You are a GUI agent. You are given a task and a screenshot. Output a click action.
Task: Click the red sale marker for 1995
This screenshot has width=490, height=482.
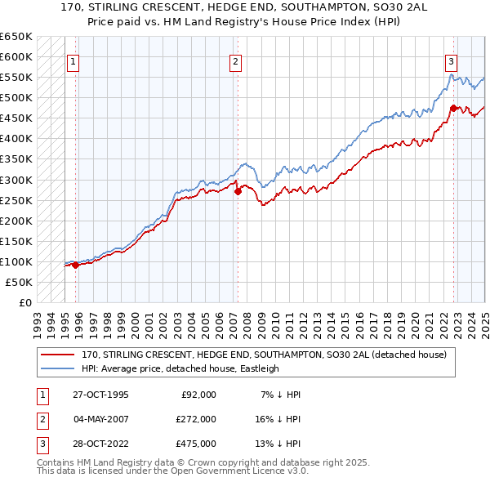click(76, 265)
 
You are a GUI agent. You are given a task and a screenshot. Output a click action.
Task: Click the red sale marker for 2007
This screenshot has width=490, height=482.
click(238, 192)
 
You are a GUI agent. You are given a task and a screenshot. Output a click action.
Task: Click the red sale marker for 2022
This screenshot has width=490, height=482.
click(453, 108)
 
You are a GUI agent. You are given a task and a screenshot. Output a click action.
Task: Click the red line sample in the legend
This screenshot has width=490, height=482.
click(58, 355)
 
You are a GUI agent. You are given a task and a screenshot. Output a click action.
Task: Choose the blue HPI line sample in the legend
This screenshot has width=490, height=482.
click(58, 368)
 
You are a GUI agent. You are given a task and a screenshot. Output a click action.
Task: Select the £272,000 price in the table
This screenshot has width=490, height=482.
click(195, 419)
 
